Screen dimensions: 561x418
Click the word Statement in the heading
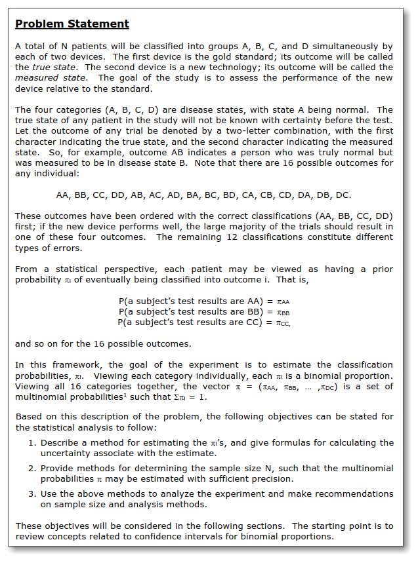click(x=100, y=24)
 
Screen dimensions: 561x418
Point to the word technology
click(x=302, y=68)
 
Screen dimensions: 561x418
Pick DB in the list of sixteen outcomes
click(x=325, y=195)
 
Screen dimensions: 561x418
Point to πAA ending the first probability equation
click(x=283, y=301)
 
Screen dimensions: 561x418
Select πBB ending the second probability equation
click(x=283, y=312)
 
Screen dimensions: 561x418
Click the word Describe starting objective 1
click(x=59, y=443)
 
